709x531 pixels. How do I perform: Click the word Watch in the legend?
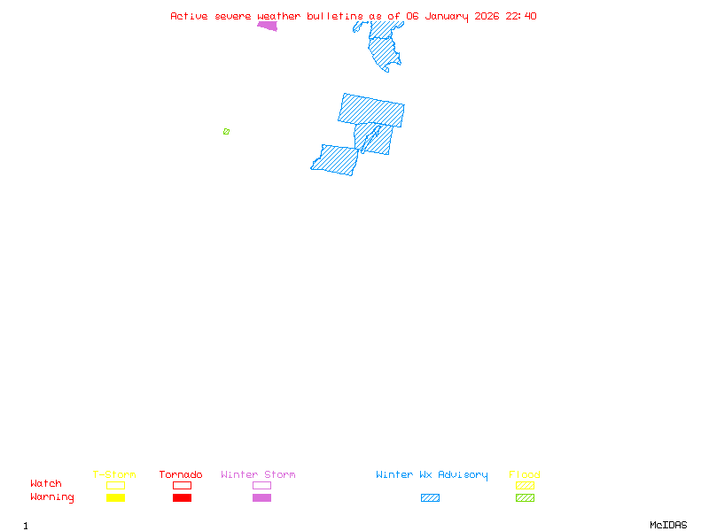pos(46,484)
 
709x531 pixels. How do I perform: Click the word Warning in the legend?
pos(52,497)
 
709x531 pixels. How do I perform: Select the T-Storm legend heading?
pos(114,474)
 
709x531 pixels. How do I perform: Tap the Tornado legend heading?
pos(181,474)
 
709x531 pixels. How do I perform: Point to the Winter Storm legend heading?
pos(258,474)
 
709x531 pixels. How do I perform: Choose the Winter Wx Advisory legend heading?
pos(432,474)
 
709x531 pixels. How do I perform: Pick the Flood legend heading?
pos(525,474)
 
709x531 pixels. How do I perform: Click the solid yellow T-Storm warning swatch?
pos(115,498)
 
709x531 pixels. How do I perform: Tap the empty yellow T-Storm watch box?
pos(115,485)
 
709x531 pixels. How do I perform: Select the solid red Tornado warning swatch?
pos(182,498)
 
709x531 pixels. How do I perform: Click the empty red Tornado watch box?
pos(182,485)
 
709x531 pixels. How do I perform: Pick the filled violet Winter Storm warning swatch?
pos(261,498)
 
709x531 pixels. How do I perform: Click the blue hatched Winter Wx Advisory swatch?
pos(430,498)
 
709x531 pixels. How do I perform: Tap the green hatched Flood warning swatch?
pos(525,498)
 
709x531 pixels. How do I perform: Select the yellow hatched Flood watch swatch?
pos(525,485)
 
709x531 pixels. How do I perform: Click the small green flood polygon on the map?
pos(226,131)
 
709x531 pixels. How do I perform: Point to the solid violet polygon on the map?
pos(268,26)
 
